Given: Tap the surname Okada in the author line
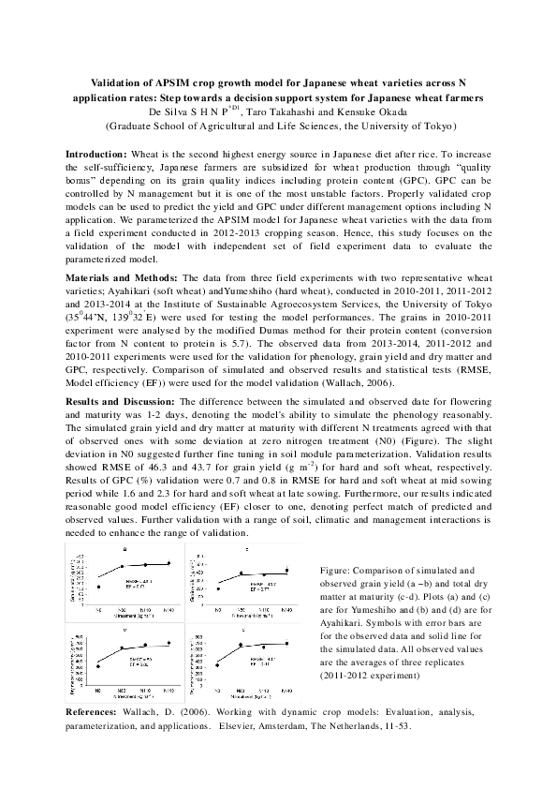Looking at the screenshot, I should [377, 111].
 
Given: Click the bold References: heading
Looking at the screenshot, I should [96, 713].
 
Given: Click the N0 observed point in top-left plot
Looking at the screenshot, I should [98, 587].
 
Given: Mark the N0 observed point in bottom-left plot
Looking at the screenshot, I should [98, 665].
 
